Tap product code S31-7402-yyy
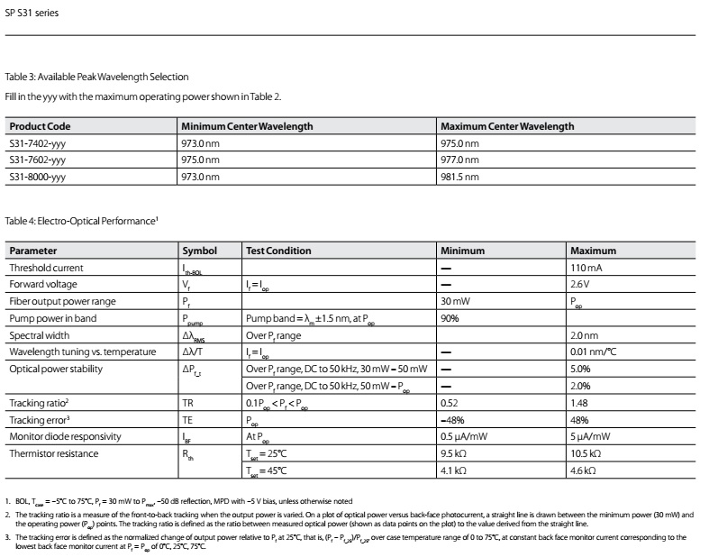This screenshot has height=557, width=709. coord(37,142)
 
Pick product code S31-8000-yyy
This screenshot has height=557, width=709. coord(37,176)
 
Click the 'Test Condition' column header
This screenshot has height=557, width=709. coord(278,251)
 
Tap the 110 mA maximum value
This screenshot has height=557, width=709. coord(586,268)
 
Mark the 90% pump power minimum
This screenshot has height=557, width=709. coord(450,318)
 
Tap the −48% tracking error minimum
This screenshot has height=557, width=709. coord(453,420)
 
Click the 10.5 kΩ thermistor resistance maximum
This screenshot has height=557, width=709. coord(588,453)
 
